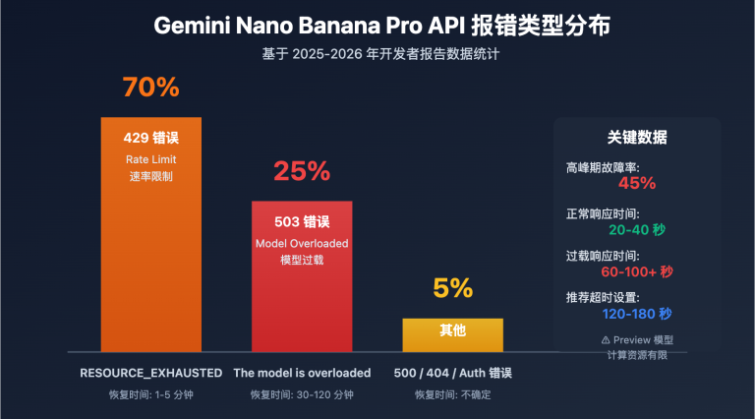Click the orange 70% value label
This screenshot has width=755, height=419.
coord(150,88)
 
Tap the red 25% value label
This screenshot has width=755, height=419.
coord(301,171)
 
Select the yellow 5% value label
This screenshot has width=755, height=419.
coord(452,288)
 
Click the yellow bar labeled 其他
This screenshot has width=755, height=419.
coord(452,334)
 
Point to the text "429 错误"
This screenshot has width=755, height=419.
coord(150,138)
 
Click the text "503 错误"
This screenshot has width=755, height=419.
coord(301,221)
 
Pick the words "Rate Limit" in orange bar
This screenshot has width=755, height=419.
coord(150,159)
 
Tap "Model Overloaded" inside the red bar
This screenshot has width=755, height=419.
coord(301,243)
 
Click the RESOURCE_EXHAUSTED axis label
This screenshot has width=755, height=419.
coord(150,373)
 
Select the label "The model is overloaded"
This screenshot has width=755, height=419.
coord(302,373)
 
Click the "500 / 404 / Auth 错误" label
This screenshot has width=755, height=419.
coord(452,373)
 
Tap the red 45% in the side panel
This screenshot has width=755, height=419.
coord(637,183)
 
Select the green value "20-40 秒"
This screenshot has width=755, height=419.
coord(637,229)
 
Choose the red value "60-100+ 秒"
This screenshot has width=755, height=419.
coord(637,271)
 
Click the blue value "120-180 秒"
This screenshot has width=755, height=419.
coord(637,314)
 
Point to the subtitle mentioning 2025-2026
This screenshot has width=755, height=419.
coord(377,54)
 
